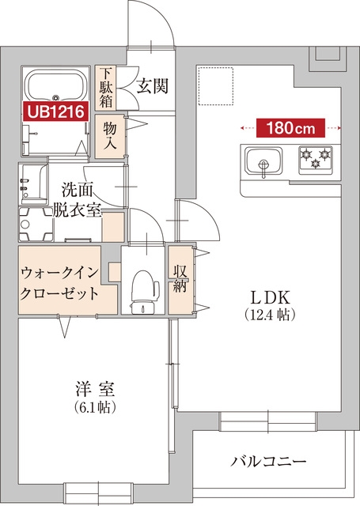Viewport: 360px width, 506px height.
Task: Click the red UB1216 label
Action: click(x=55, y=112)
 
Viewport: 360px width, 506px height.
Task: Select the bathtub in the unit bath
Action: click(x=55, y=85)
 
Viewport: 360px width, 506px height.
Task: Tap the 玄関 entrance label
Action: click(x=150, y=86)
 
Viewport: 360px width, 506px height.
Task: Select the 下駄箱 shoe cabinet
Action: click(x=105, y=86)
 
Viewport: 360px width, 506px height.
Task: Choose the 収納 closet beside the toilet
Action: click(x=180, y=280)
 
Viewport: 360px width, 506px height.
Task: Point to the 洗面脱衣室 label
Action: click(x=81, y=201)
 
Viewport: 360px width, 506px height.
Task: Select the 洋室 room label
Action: click(x=96, y=391)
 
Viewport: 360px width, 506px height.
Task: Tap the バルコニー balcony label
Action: click(x=269, y=462)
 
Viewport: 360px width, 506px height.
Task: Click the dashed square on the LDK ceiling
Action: click(x=214, y=82)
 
